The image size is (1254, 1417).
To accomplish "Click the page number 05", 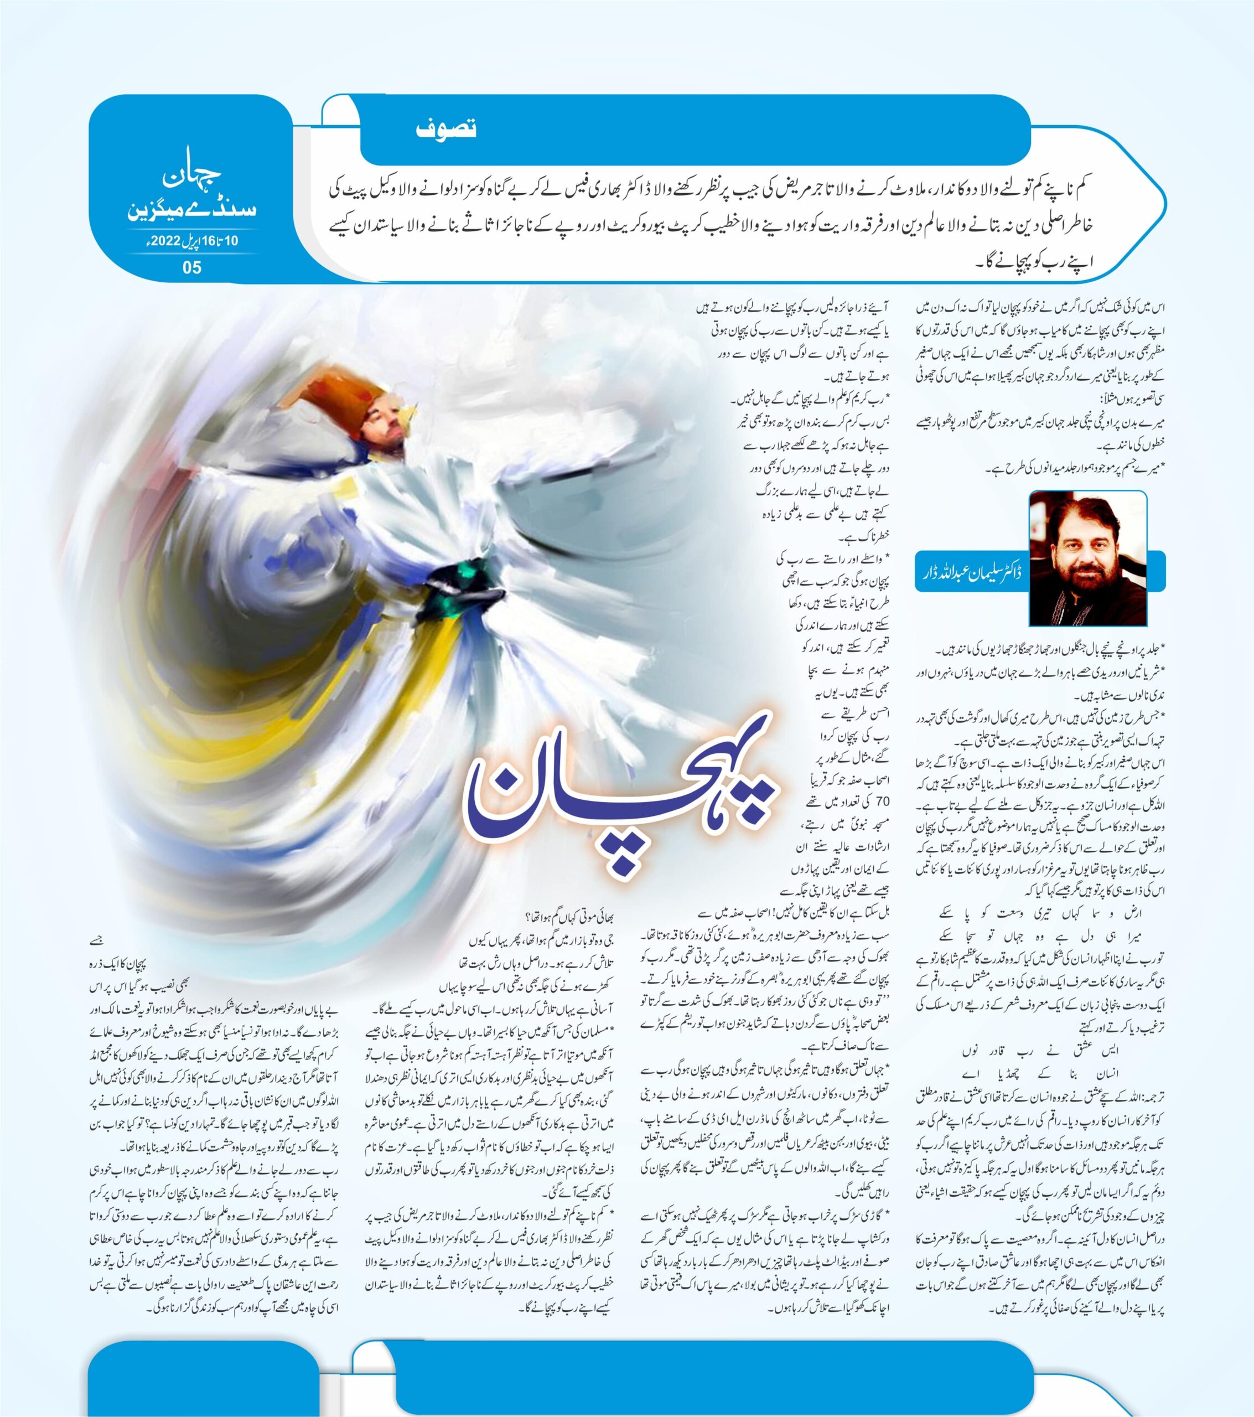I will (x=192, y=267).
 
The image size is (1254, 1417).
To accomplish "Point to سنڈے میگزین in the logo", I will (x=192, y=208).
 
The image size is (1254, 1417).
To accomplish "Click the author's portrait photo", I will (x=1089, y=558).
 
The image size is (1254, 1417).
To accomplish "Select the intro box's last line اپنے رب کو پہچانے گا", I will (x=1015, y=263).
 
